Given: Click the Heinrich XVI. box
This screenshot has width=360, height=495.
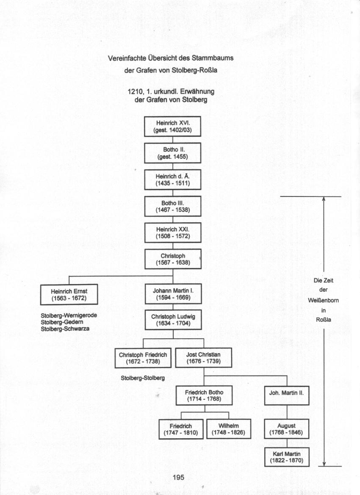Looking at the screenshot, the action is pyautogui.click(x=172, y=127).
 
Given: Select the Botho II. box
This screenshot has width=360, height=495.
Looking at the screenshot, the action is pyautogui.click(x=172, y=153).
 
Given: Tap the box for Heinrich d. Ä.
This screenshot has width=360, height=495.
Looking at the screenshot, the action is pyautogui.click(x=173, y=180).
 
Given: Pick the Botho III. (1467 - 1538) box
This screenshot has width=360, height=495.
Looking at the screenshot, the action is pyautogui.click(x=173, y=206).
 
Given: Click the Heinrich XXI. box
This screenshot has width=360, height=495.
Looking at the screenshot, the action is pyautogui.click(x=173, y=232).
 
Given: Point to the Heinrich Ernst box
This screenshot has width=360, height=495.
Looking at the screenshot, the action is pyautogui.click(x=69, y=295).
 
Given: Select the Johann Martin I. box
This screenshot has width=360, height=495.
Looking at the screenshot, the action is pyautogui.click(x=173, y=294).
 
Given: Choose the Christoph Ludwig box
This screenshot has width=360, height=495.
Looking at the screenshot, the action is pyautogui.click(x=173, y=320).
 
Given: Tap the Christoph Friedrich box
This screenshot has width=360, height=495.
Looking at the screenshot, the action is pyautogui.click(x=143, y=358).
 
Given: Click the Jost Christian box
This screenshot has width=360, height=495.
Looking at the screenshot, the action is pyautogui.click(x=203, y=358).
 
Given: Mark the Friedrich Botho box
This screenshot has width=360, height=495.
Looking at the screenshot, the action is pyautogui.click(x=204, y=395).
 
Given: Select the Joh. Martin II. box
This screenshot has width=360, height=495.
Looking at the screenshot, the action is pyautogui.click(x=286, y=395).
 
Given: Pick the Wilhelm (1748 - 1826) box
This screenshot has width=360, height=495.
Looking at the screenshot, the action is pyautogui.click(x=229, y=429).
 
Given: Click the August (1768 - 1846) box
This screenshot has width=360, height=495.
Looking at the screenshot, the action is pyautogui.click(x=286, y=429).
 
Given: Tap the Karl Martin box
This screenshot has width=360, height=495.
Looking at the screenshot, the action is pyautogui.click(x=287, y=457).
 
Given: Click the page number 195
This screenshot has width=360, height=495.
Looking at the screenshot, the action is pyautogui.click(x=178, y=477).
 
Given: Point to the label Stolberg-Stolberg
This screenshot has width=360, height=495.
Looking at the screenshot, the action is pyautogui.click(x=143, y=378).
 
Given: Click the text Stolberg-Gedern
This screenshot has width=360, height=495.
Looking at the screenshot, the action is pyautogui.click(x=62, y=322).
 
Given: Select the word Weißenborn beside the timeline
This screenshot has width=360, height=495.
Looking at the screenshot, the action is pyautogui.click(x=324, y=300).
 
